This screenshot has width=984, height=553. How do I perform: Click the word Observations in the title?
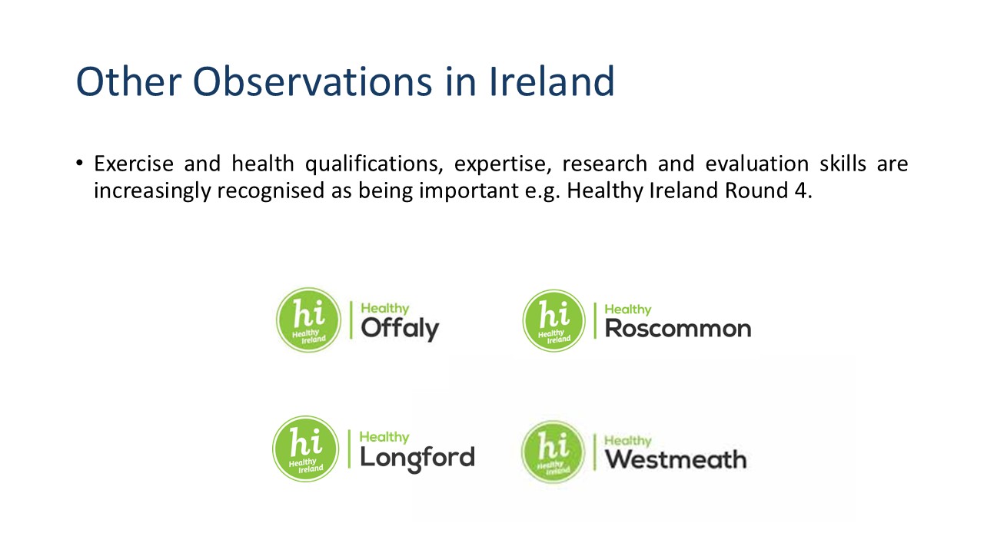tap(313, 81)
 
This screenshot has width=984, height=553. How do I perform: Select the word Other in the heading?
tap(128, 81)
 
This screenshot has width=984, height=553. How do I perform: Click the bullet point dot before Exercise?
tap(79, 164)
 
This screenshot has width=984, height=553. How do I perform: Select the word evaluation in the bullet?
tap(757, 164)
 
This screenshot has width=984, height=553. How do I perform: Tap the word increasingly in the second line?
tap(152, 192)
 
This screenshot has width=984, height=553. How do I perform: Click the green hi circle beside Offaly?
tap(308, 320)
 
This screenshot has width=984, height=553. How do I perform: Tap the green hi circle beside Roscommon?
tap(553, 320)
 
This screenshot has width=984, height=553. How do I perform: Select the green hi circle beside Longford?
tap(306, 449)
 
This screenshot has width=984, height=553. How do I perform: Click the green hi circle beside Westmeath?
tap(553, 452)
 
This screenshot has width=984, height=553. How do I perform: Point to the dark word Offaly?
tap(400, 329)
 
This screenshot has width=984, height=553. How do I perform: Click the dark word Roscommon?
tap(678, 329)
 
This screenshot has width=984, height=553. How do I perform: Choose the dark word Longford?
tap(417, 459)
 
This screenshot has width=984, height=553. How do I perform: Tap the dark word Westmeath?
tap(676, 459)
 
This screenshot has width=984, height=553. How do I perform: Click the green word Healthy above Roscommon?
tap(628, 310)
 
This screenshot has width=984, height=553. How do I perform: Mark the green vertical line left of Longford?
tap(350, 449)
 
